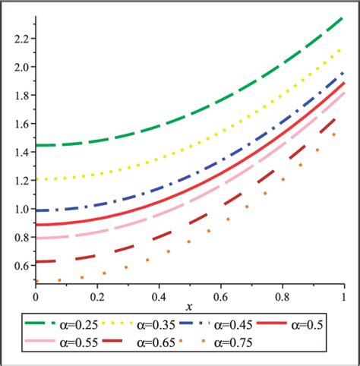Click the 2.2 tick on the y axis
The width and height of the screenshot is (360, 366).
click(21, 38)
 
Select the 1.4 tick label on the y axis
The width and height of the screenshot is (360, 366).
click(21, 152)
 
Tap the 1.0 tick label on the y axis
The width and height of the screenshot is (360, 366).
click(21, 210)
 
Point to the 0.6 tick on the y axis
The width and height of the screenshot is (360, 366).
click(21, 267)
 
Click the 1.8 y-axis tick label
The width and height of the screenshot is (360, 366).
click(21, 95)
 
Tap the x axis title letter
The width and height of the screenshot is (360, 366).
click(190, 304)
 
